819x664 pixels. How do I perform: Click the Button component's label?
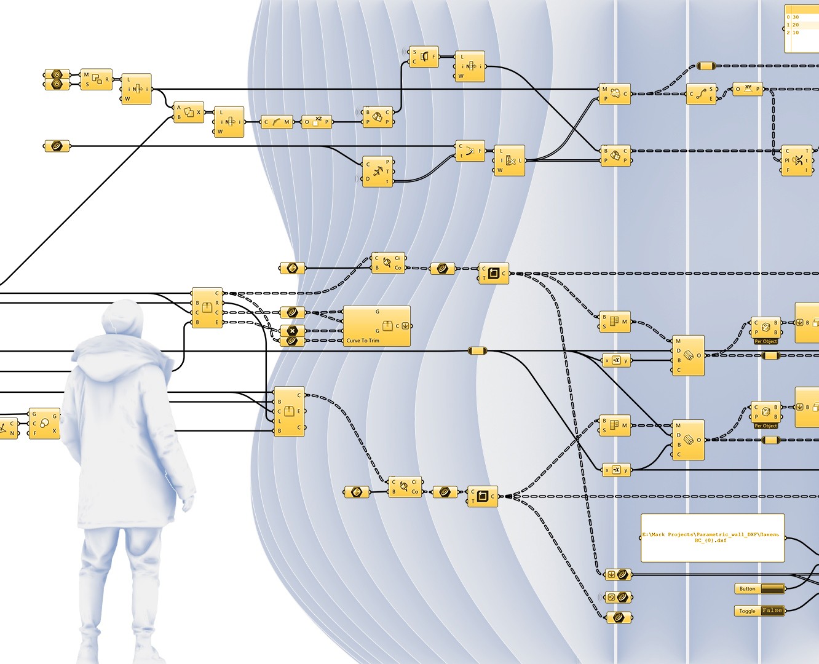click(x=747, y=589)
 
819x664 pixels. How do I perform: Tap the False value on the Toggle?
click(x=772, y=611)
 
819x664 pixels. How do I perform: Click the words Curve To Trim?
click(x=363, y=341)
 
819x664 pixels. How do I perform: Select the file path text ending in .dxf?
click(x=712, y=537)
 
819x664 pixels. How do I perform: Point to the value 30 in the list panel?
click(x=796, y=17)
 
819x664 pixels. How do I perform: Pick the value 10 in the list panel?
click(x=796, y=33)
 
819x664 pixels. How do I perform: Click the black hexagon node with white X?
click(x=292, y=331)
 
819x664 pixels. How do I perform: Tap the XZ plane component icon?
click(x=317, y=122)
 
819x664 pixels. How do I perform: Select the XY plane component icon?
click(x=748, y=89)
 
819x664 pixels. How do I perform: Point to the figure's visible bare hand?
click(x=188, y=504)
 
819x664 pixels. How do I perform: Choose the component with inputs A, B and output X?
click(x=189, y=113)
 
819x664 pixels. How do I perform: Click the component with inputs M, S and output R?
click(x=97, y=80)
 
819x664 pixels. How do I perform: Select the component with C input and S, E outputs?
click(x=702, y=94)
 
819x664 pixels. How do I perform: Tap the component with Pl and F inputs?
click(x=797, y=160)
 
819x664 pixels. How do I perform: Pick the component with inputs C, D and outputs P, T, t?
click(x=378, y=172)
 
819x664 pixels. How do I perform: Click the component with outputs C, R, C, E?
click(x=207, y=307)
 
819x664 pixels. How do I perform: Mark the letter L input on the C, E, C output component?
click(x=280, y=421)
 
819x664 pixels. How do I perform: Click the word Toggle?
click(x=747, y=611)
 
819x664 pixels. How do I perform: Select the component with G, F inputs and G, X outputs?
click(x=44, y=424)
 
